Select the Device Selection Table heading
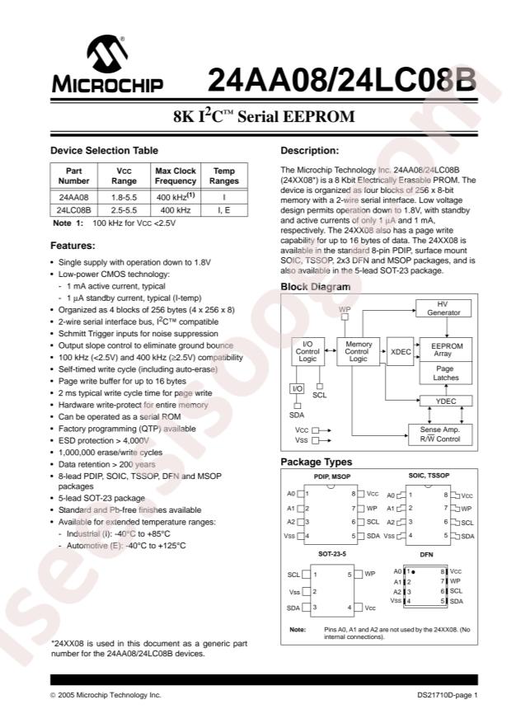coord(104,150)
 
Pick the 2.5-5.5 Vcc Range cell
coord(124,210)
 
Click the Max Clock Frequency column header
coord(176,176)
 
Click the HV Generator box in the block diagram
coord(443,308)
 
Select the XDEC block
coord(401,352)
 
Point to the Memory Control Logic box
coord(358,352)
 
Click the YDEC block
coord(443,401)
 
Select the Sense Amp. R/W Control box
coord(441,434)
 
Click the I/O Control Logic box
coord(307,352)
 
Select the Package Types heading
coord(316,462)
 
